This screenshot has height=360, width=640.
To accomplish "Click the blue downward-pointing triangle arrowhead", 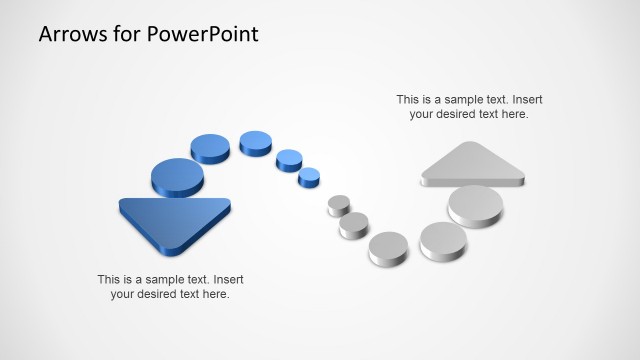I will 175,220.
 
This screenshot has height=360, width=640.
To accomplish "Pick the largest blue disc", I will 177,176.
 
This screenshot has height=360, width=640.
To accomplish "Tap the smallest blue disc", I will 309,177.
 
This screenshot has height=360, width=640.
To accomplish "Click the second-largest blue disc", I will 211,148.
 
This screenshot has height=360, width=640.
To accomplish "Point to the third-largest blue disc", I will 256,142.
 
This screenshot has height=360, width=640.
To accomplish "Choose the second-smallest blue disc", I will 289,158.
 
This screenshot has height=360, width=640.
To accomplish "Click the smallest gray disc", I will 339,204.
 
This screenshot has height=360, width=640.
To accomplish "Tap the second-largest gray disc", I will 442,239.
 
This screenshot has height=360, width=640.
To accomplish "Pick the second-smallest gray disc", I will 354,224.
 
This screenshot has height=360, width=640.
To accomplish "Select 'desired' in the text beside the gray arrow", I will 459,114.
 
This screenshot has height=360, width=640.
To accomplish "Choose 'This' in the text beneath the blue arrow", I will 109,279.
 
